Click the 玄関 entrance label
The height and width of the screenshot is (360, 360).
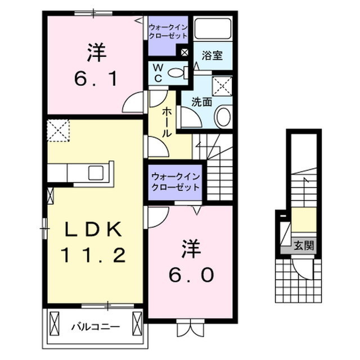point(303,245)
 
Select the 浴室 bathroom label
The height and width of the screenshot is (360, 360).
point(212,55)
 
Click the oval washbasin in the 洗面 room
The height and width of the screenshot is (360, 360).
point(223,117)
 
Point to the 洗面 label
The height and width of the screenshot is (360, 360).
point(201,102)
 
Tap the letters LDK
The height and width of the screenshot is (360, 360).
point(93,230)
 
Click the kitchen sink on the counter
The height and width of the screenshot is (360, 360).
point(94,172)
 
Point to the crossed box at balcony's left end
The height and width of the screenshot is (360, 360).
point(54,325)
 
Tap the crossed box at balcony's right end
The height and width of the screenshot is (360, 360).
point(137,325)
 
